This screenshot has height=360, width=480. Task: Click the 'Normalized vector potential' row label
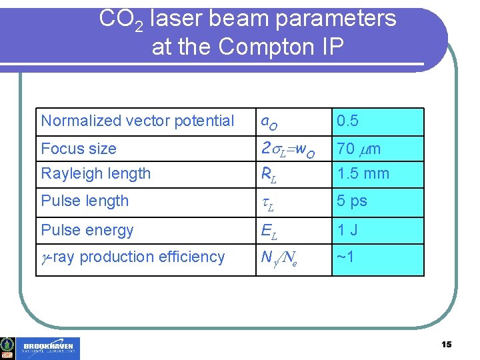tap(137, 121)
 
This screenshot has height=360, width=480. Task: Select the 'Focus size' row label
tap(79, 149)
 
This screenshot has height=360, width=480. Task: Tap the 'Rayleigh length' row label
tap(96, 173)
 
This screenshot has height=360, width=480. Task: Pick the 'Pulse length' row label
tap(85, 201)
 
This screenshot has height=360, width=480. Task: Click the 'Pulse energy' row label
tap(87, 230)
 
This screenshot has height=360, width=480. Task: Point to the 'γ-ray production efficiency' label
tap(133, 257)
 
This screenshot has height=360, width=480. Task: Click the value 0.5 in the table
tap(347, 121)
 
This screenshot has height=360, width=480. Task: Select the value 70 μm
tap(359, 149)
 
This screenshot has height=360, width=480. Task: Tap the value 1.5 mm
tap(363, 173)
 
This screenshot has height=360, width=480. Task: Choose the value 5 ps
tap(352, 201)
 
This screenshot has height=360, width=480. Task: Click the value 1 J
tap(348, 230)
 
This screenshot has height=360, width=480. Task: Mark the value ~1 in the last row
tap(344, 257)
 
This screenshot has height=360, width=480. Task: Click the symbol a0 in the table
tap(269, 122)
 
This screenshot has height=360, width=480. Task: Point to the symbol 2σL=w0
tap(287, 149)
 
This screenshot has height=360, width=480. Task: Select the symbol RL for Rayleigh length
tap(268, 175)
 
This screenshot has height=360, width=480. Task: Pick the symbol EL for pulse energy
tap(269, 231)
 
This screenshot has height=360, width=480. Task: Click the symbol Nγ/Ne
tap(279, 258)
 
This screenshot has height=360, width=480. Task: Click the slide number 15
tap(446, 344)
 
